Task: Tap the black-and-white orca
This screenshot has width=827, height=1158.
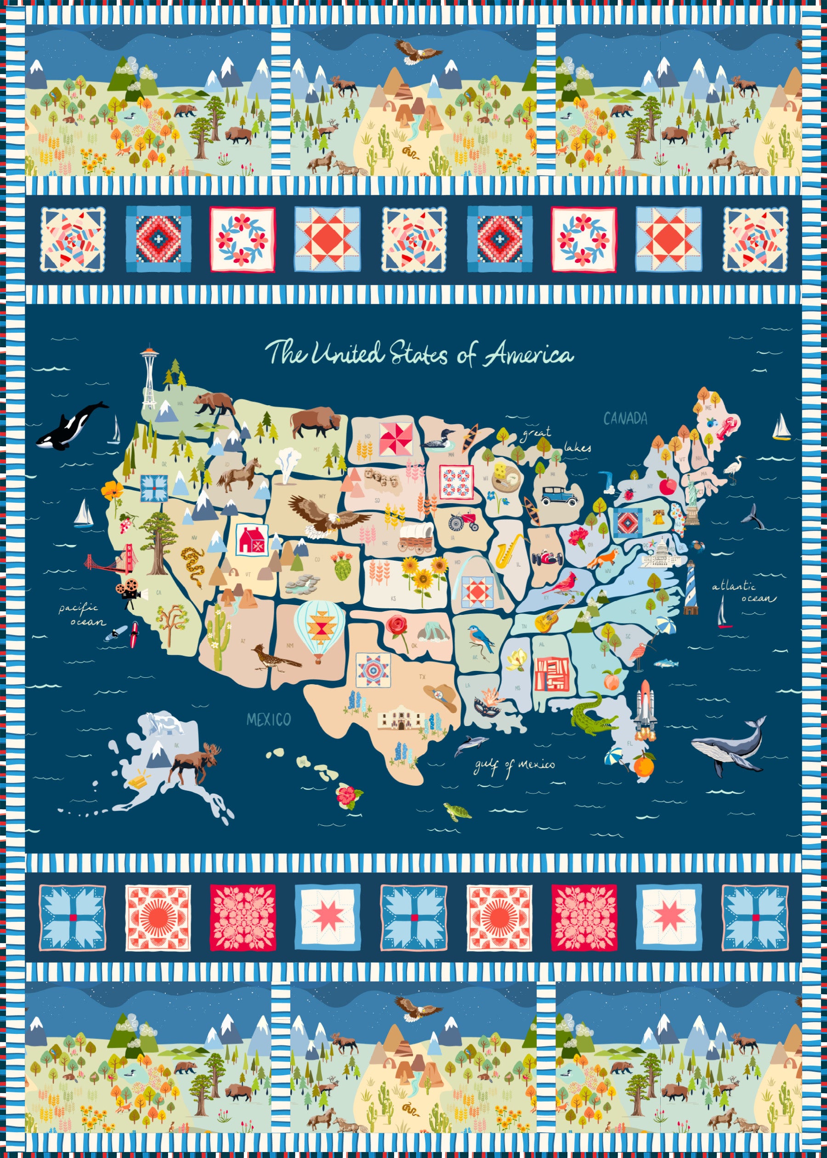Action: pyautogui.click(x=71, y=426)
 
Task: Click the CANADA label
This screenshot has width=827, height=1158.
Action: pyautogui.click(x=625, y=419)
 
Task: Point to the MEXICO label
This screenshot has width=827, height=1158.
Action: pyautogui.click(x=268, y=720)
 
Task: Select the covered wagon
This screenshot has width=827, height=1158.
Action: pyautogui.click(x=416, y=538)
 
